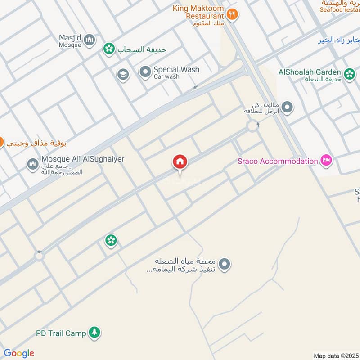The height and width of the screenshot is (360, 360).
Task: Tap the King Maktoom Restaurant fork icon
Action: coord(232,14)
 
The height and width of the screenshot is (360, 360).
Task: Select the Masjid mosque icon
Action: coord(90,40)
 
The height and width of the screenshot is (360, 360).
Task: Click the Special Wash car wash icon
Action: coord(145,72)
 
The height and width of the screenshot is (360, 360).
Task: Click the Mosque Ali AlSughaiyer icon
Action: coord(32,164)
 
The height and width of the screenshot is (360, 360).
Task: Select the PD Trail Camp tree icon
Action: coord(94,333)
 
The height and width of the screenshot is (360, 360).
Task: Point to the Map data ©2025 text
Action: coord(336,355)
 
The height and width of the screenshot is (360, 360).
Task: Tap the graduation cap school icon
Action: coord(123,75)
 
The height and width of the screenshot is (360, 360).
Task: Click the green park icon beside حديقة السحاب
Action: coord(108,48)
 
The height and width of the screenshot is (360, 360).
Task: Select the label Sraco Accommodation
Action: coord(278,161)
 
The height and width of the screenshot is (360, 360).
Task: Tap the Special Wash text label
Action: coord(176,70)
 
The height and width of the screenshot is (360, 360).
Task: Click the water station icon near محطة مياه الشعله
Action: coord(225,265)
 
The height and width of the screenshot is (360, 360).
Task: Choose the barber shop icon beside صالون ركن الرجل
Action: coord(288,108)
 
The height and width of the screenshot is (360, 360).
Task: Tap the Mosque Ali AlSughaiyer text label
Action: coord(82,159)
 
